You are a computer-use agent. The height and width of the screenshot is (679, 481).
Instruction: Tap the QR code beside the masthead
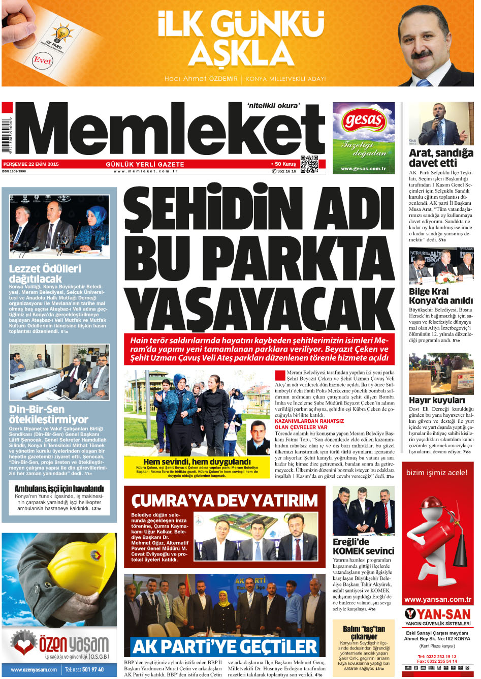[x=309, y=164]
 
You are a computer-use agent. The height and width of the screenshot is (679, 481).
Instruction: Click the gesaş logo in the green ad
[x=363, y=120]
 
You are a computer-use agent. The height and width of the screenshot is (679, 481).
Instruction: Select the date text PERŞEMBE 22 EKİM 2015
[x=31, y=164]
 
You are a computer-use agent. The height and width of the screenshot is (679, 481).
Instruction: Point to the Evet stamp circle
[x=43, y=60]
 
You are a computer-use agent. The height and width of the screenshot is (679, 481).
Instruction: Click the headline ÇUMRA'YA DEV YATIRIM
[x=224, y=501]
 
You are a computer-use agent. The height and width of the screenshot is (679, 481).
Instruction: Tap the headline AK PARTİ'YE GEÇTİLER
[x=224, y=647]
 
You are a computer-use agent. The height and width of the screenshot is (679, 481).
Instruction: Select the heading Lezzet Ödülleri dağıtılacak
[x=45, y=273]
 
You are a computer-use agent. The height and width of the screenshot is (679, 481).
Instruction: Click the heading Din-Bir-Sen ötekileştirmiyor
[x=48, y=414]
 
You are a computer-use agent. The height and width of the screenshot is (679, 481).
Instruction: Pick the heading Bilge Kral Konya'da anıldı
[x=440, y=296]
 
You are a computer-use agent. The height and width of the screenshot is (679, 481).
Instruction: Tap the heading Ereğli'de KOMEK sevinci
[x=363, y=546]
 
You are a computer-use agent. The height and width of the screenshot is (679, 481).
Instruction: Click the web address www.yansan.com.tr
[x=438, y=599]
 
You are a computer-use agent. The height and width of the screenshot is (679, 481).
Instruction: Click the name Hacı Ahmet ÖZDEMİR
[x=201, y=79]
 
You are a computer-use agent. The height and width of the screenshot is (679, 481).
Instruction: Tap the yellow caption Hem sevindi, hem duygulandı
[x=197, y=461]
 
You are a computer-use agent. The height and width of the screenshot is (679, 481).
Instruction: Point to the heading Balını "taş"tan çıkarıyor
[x=364, y=632]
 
